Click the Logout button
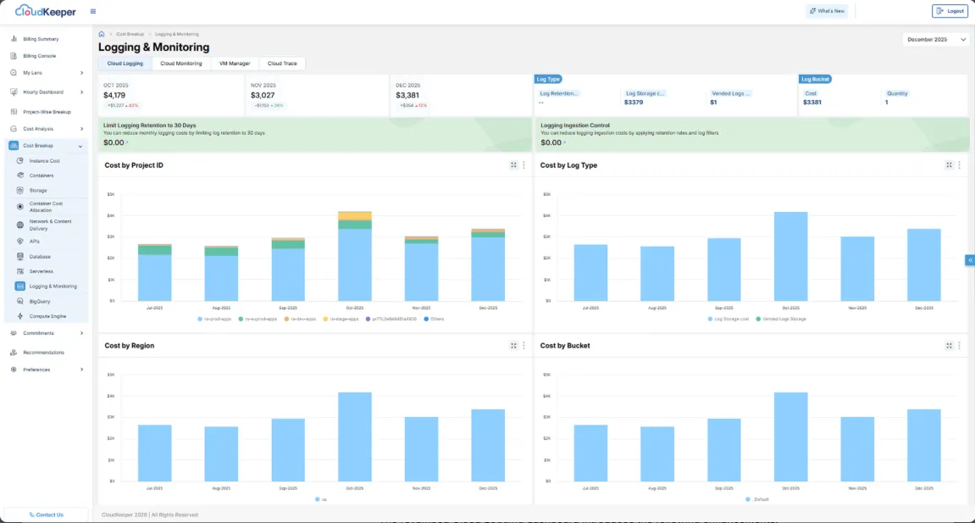click(x=950, y=11)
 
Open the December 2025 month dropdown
click(x=936, y=39)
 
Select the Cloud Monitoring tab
click(x=181, y=64)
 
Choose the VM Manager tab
click(x=235, y=64)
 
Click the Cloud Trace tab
click(x=282, y=64)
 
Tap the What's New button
click(x=827, y=11)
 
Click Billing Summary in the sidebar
click(x=41, y=39)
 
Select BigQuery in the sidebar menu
click(x=40, y=301)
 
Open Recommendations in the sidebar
click(x=43, y=352)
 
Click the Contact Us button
click(x=46, y=515)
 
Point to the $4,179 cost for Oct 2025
click(x=114, y=95)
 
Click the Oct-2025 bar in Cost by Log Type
click(x=790, y=256)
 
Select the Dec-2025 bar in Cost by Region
click(x=488, y=446)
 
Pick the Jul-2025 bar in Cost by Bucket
click(x=590, y=453)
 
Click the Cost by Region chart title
click(x=130, y=346)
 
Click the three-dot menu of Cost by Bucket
click(x=960, y=346)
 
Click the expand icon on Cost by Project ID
click(x=513, y=165)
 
